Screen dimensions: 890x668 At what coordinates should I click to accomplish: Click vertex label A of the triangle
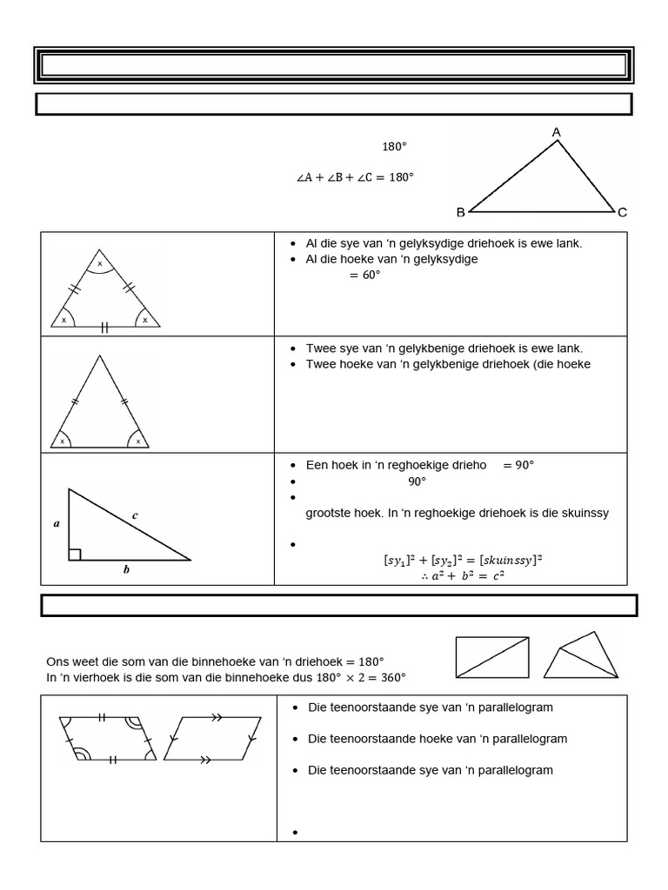(x=556, y=131)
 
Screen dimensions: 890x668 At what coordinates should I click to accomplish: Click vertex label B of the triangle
(x=461, y=211)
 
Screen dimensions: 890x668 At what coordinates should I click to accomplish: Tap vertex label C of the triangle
(x=622, y=211)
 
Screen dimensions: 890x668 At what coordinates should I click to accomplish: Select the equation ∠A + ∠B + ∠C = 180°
(x=355, y=176)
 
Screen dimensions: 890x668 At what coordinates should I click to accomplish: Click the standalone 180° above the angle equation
(x=394, y=147)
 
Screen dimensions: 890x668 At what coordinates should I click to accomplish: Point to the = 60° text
(x=365, y=275)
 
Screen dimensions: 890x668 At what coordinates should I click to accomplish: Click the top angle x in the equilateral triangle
(x=99, y=263)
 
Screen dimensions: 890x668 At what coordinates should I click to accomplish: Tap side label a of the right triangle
(x=57, y=524)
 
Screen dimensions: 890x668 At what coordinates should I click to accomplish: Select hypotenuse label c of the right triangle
(x=135, y=515)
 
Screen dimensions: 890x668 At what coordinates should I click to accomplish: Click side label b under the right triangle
(x=126, y=570)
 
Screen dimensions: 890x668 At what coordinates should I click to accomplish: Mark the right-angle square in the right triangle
(x=75, y=555)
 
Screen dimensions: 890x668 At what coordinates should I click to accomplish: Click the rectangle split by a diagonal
(x=492, y=657)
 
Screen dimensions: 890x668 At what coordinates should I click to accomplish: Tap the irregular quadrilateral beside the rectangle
(x=581, y=655)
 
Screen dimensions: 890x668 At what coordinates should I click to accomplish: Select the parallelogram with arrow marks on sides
(x=212, y=738)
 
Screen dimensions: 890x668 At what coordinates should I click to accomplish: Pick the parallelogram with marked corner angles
(x=107, y=739)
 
